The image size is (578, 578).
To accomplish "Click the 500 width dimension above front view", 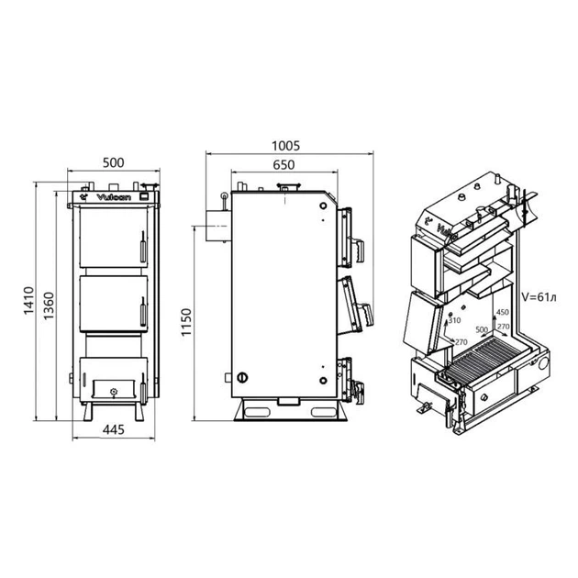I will [113, 162].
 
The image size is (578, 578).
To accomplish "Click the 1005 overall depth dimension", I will [286, 145].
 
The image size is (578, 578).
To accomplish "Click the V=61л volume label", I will [539, 297].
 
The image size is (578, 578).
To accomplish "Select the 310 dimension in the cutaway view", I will [453, 321].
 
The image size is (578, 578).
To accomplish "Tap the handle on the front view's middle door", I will [142, 309].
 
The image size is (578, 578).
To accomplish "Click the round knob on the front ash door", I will [112, 391].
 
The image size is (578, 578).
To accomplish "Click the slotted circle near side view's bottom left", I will [243, 377].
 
